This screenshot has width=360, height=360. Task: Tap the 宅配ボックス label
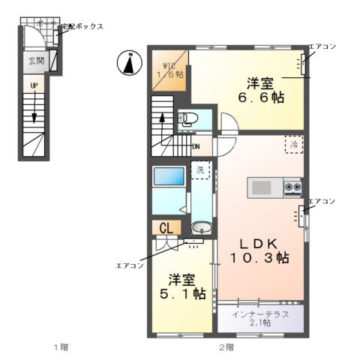pos(82,27)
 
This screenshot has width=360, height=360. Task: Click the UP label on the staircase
pos(34,86)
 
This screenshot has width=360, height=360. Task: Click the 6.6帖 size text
pos(262,97)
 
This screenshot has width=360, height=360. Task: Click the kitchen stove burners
pos(292,187)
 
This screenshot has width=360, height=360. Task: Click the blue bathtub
pos(169,178)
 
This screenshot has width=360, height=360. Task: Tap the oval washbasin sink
pos(200,228)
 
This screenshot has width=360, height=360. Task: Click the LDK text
pos(259,243)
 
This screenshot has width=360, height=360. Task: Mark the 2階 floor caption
pos(226,347)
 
